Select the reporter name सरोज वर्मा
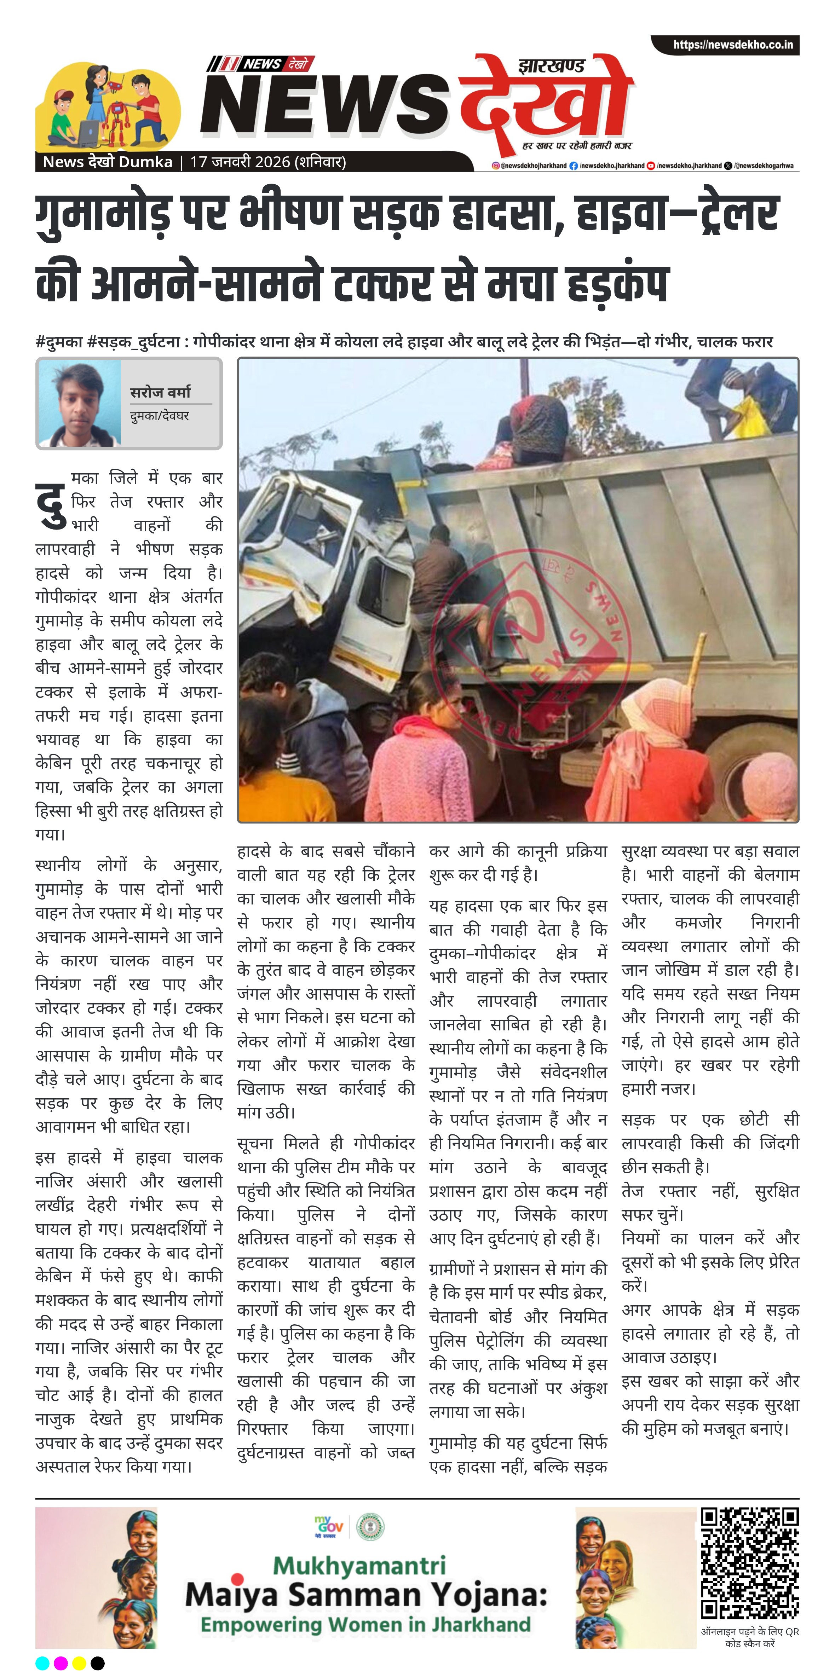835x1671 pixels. pyautogui.click(x=160, y=392)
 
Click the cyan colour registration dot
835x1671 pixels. pyautogui.click(x=42, y=1663)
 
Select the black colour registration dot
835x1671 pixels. pyautogui.click(x=97, y=1663)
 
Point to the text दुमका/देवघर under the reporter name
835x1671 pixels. pyautogui.click(x=159, y=416)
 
